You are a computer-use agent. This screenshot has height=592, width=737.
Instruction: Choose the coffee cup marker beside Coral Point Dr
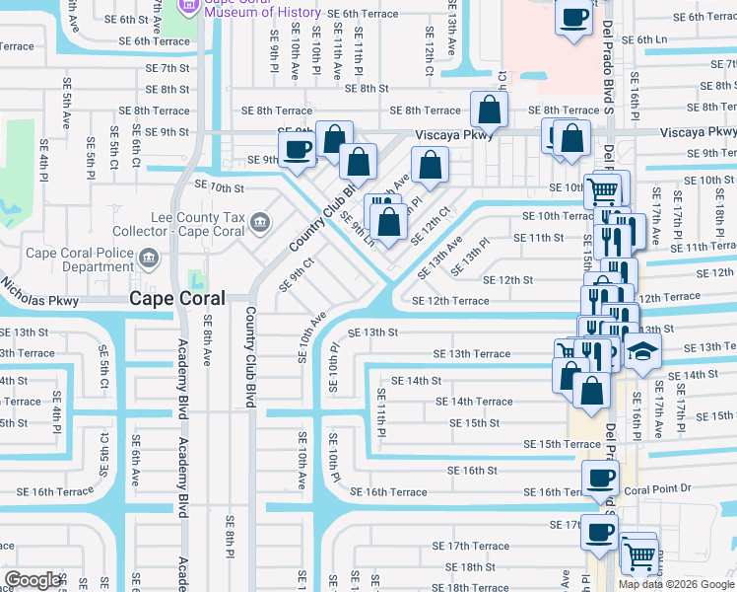pyautogui.click(x=600, y=480)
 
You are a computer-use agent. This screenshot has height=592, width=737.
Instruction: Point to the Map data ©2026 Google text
pyautogui.click(x=677, y=584)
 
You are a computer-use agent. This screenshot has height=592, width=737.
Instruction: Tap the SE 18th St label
pyautogui.click(x=470, y=567)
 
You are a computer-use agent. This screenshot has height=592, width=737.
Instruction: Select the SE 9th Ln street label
pyautogui.click(x=356, y=228)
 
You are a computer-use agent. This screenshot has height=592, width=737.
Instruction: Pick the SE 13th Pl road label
pyautogui.click(x=470, y=258)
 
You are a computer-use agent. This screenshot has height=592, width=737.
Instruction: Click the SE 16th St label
pyautogui.click(x=473, y=471)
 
